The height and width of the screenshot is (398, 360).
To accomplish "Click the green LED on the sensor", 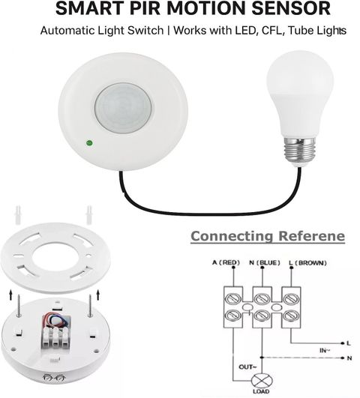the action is pos(89,143).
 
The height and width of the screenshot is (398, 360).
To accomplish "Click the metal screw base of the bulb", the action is pos(300,151).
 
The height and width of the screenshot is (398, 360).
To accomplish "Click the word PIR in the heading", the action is pos(145,9).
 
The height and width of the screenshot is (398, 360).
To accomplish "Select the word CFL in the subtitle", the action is pos(271,31).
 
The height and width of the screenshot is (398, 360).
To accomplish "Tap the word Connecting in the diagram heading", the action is pos(232,236).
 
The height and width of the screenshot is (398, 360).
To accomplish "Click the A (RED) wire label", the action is pos(226,262).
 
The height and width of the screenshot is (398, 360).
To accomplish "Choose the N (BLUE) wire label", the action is pos(265,262).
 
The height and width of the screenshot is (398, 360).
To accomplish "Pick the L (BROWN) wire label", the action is pos(307,263).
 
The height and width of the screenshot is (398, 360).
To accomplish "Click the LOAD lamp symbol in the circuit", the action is pos(262,381).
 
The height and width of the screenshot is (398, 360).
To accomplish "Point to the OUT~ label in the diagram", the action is pos(247,367).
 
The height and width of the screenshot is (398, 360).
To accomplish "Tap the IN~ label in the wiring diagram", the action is pos(325,351).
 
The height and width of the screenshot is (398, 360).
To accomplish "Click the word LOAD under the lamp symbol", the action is pos(261,392).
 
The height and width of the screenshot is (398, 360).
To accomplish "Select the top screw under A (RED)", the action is pos(233,299).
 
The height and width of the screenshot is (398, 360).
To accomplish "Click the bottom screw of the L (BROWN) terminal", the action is pos(291,316).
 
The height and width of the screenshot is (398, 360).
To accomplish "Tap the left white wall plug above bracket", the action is pos(17,215).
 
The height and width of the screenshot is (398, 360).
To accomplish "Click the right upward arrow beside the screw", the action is pos(98,296).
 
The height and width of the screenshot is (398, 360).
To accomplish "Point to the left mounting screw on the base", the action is pos(18,305).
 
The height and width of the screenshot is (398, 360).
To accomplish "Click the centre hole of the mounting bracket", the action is pos(55,257).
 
